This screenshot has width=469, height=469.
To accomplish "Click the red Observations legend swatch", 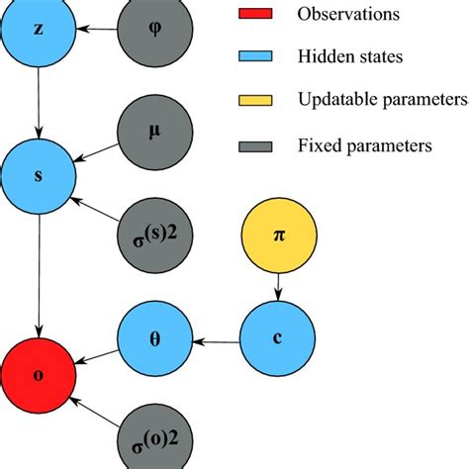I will (x=254, y=15).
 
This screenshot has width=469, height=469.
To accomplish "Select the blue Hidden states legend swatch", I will (x=254, y=57).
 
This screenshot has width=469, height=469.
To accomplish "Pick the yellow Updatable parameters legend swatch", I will (x=254, y=101).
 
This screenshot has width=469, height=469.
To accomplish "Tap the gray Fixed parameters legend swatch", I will (x=254, y=145).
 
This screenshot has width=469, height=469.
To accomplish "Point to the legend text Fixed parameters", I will (x=363, y=145).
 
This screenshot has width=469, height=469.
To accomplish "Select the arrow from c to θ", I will (x=216, y=342).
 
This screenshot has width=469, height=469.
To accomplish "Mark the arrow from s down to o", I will (x=38, y=282).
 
